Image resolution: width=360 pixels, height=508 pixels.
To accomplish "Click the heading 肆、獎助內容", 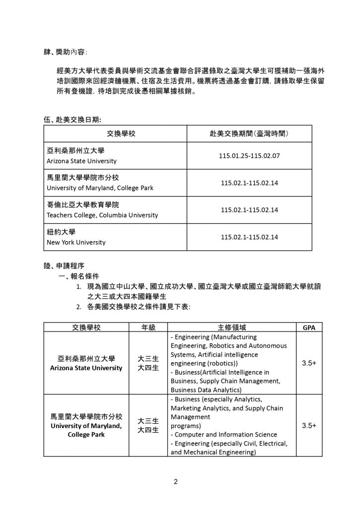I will pos(65,51).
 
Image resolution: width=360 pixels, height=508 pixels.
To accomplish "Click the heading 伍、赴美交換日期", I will pos(72,119).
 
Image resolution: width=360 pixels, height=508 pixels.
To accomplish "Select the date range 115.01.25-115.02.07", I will pos(249,156).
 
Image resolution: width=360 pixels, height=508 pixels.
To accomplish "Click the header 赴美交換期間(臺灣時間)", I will pos(249,134).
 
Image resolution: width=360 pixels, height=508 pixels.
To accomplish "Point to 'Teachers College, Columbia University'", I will pos(102,215).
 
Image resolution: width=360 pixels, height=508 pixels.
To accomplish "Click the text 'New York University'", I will pos(76,243).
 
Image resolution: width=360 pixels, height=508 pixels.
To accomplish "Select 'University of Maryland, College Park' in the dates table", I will pos(100,188).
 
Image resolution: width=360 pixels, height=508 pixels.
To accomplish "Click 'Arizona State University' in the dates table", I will pos(81,161).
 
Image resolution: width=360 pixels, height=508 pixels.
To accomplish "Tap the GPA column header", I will pos(308,327).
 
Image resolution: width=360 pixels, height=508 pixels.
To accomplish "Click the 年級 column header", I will pos(148,327).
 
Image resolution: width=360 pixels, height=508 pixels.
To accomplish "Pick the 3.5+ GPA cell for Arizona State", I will pos(308,363).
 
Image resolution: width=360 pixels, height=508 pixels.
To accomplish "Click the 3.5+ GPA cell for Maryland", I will pos(308,426).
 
